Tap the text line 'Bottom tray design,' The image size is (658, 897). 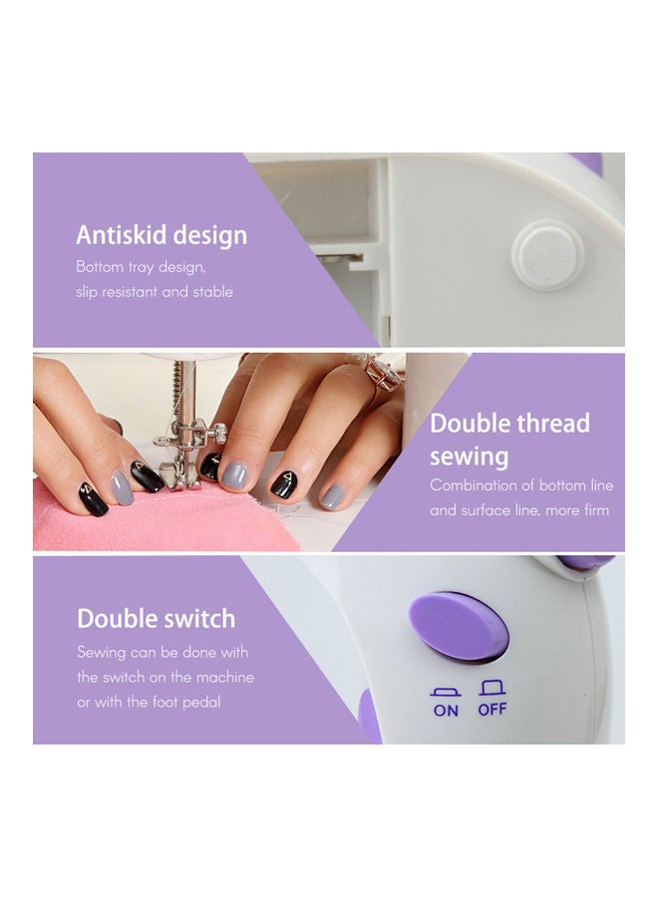point(141,267)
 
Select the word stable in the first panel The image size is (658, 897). point(212,292)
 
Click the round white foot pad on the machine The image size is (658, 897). point(546,253)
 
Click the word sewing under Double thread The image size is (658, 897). point(469,457)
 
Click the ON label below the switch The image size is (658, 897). point(446,710)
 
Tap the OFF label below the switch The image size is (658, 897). point(493,710)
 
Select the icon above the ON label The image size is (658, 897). point(445,690)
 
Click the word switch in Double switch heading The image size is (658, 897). point(198,619)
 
